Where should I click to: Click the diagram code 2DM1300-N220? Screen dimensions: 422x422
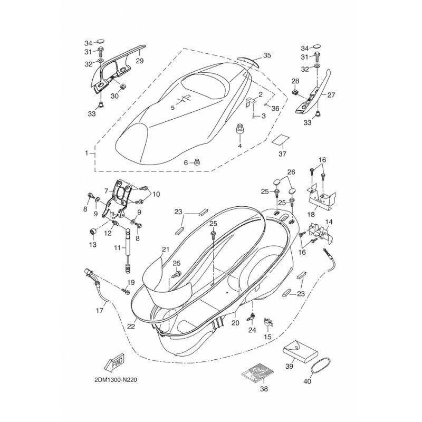(116, 380)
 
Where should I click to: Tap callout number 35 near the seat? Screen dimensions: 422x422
(267, 55)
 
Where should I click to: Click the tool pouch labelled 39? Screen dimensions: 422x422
(300, 352)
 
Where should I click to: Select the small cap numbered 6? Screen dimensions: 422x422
(198, 162)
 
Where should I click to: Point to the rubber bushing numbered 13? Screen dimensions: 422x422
(93, 231)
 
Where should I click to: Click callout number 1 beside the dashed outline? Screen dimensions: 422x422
(87, 153)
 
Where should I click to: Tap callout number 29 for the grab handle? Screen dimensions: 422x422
(140, 61)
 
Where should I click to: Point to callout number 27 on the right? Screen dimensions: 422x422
(331, 95)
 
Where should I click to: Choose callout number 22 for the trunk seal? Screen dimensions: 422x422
(131, 326)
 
